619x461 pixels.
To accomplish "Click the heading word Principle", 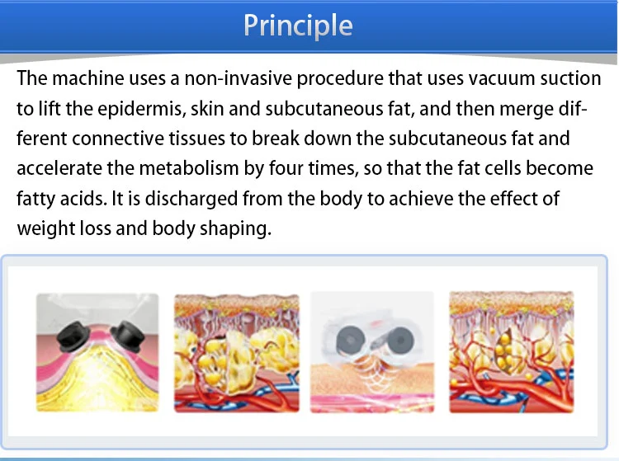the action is (298, 26).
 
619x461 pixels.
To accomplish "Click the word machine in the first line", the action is (88, 78).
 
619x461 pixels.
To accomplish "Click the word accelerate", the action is (59, 169).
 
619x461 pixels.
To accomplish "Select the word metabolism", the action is (189, 168).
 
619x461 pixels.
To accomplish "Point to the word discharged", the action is (191, 199).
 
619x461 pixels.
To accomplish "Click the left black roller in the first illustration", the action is (73, 336).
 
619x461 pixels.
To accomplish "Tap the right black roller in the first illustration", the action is (127, 336).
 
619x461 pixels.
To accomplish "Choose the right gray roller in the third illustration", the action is (400, 340).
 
